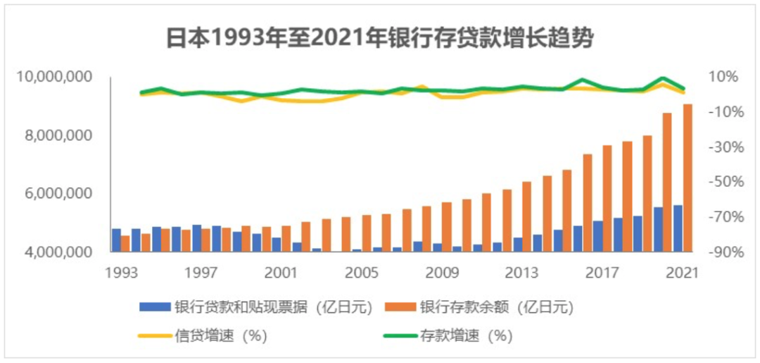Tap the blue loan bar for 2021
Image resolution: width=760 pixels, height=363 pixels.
(x=678, y=228)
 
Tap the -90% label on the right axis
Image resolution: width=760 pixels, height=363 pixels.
(x=723, y=252)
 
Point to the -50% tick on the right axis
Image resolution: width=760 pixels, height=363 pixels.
(x=723, y=182)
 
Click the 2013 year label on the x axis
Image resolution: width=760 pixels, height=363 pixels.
(x=522, y=271)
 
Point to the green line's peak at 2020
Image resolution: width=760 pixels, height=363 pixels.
(x=663, y=78)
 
